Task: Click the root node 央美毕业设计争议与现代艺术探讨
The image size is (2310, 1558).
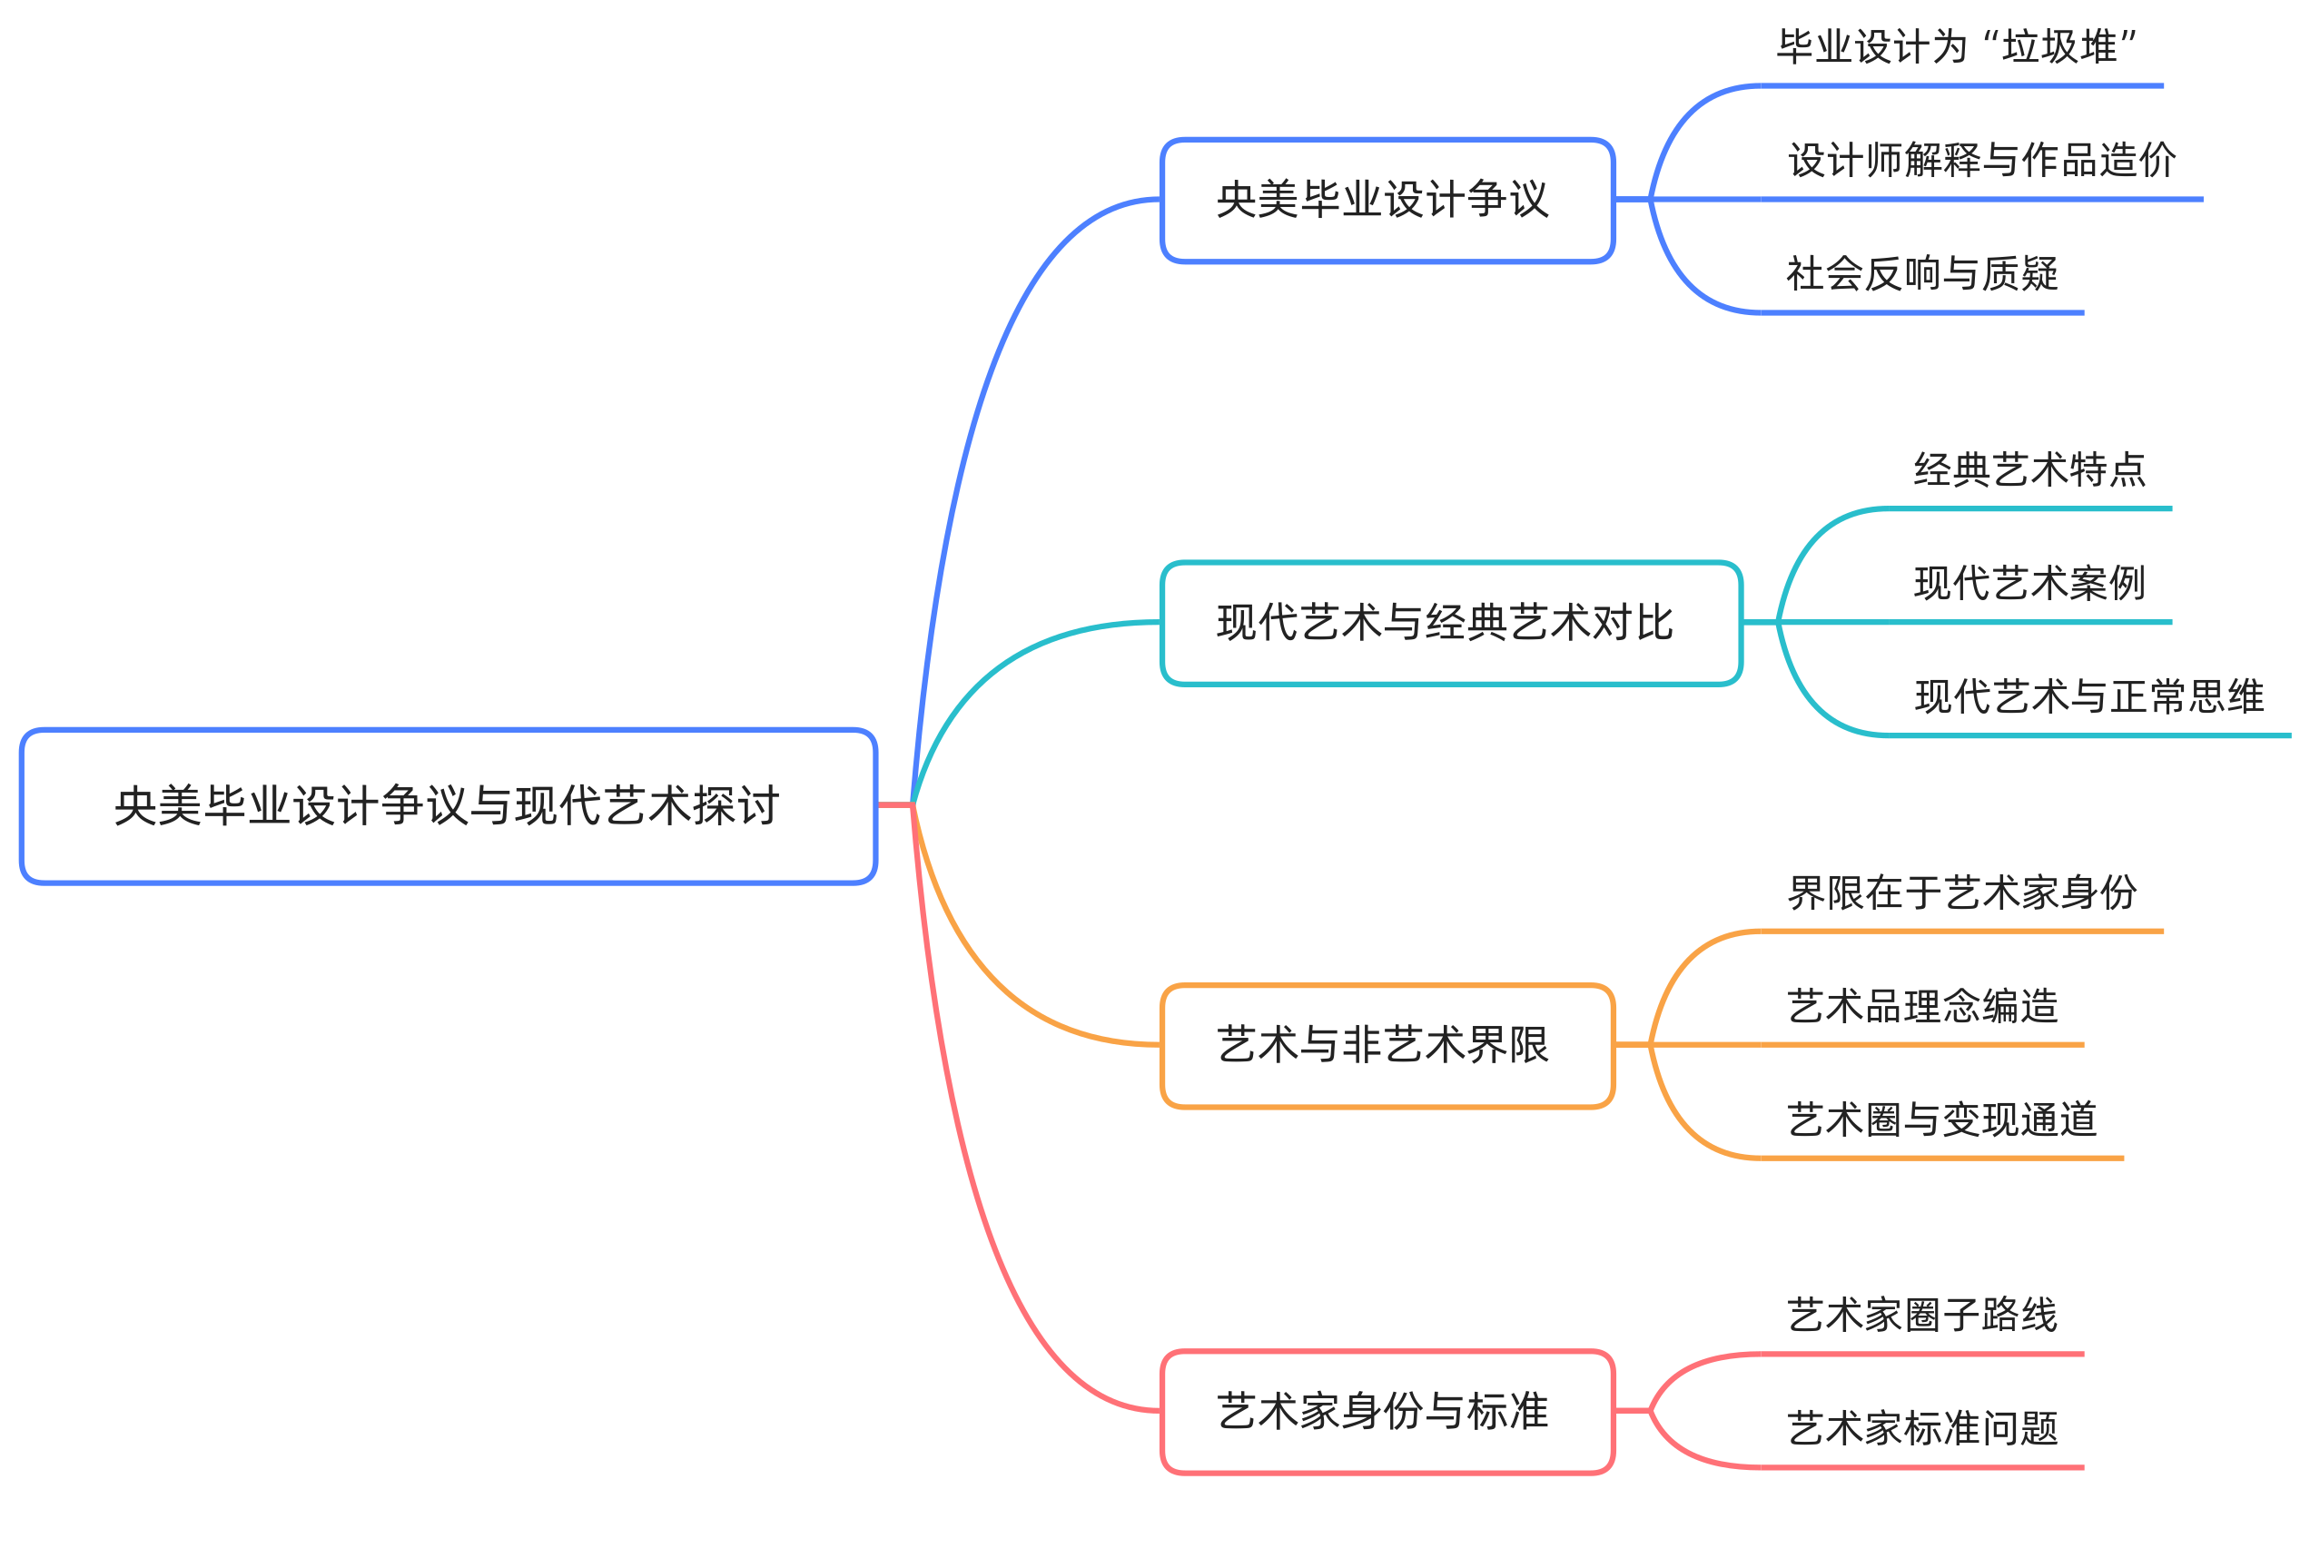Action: coord(447,806)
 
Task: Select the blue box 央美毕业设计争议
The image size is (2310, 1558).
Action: coord(1386,200)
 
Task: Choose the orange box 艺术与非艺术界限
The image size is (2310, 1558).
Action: coord(1386,1045)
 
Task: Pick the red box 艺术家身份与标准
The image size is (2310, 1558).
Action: coord(1386,1411)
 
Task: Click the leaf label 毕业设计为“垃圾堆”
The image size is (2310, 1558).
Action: coord(1955,46)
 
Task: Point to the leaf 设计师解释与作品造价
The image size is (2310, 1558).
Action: coord(1981,160)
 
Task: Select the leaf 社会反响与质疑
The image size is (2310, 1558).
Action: coord(1921,273)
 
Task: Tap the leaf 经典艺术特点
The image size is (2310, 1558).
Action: coord(2029,469)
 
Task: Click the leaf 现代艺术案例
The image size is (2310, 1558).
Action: coord(2029,582)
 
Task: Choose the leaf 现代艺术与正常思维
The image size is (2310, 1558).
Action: coord(2088,695)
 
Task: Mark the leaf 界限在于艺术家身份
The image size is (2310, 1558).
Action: coord(1961,892)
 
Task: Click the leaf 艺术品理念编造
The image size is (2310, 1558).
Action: coord(1921,1006)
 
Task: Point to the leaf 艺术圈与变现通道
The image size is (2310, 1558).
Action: coord(1941,1119)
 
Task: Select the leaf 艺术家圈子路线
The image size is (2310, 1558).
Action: coord(1921,1315)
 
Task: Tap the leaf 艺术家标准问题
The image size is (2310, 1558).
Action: coord(1921,1428)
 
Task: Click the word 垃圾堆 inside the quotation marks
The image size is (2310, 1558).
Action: coord(2058,46)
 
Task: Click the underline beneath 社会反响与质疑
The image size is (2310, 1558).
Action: coord(1921,313)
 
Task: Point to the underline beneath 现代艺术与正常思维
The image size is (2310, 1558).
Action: coord(2087,735)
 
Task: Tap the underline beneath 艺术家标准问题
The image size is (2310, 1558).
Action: coord(1921,1467)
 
